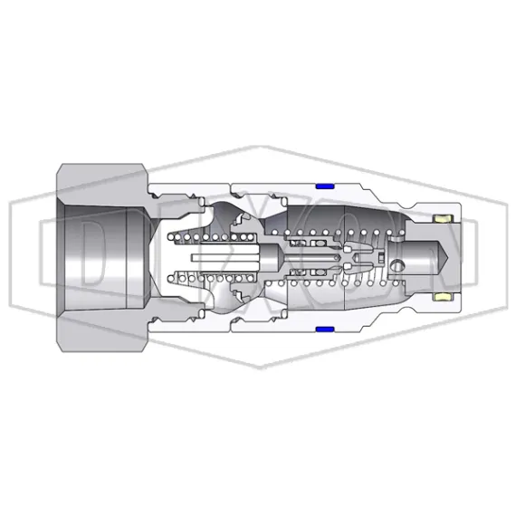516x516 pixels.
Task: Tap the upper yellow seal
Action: pos(443,219)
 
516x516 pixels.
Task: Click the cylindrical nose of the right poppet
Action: pos(421,257)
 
